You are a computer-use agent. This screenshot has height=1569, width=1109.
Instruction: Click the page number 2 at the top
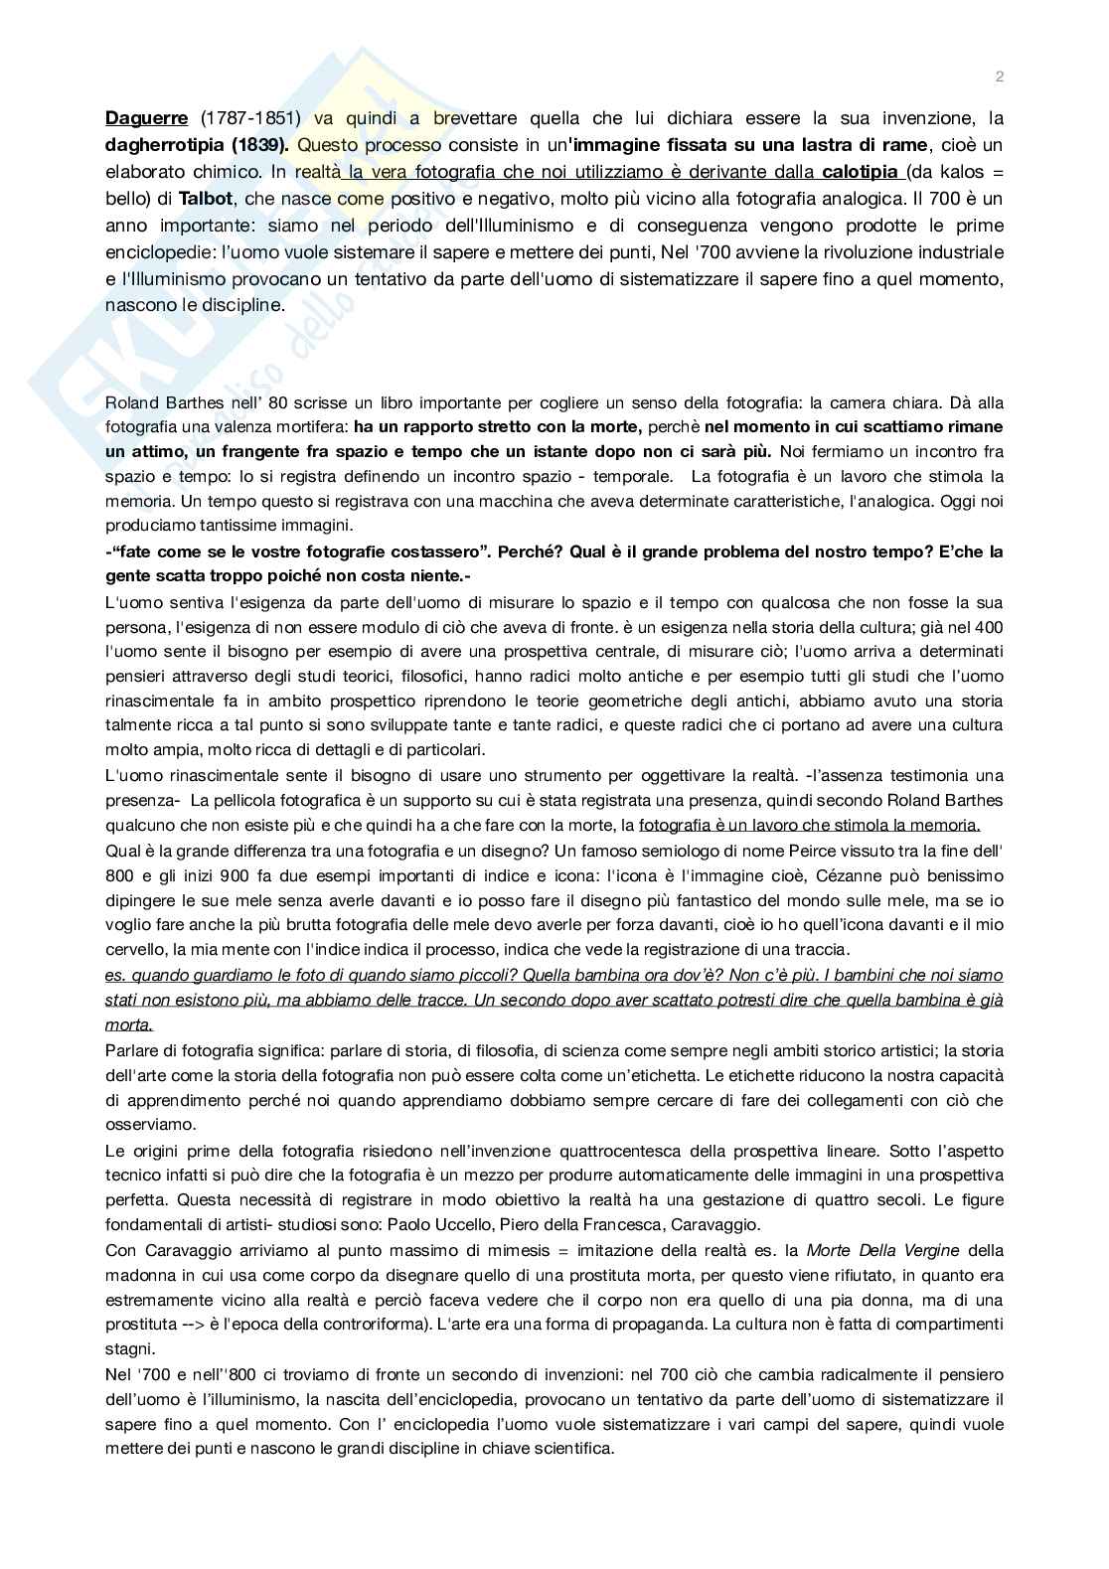click(x=999, y=78)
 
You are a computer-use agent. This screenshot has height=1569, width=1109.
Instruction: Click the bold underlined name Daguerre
click(x=146, y=118)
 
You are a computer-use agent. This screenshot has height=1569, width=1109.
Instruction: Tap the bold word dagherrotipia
click(x=160, y=145)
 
